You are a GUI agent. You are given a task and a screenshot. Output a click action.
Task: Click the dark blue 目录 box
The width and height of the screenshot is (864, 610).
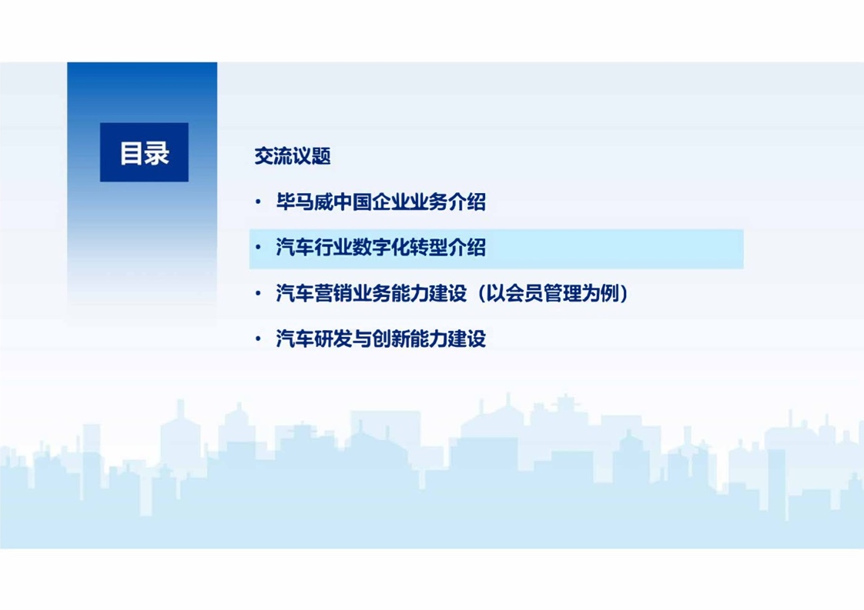(x=144, y=152)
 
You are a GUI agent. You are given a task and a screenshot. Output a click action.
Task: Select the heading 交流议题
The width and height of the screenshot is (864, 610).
(x=293, y=156)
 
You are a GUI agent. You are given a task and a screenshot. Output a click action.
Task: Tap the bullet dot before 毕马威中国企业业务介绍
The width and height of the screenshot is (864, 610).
(x=258, y=202)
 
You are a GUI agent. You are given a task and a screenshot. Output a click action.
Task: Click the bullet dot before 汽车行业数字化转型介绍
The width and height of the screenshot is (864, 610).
(x=258, y=248)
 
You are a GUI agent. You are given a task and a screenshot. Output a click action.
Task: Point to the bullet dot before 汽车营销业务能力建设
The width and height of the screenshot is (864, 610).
(x=258, y=293)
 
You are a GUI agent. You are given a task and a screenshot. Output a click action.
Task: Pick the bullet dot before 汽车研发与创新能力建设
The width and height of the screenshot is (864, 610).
(x=258, y=339)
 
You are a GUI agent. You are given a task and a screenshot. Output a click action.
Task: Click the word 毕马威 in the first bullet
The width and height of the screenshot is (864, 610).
(x=305, y=202)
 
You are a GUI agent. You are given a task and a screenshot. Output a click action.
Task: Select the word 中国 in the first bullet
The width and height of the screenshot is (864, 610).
(x=353, y=202)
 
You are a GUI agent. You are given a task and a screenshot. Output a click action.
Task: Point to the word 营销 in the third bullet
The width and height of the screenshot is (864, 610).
(x=333, y=293)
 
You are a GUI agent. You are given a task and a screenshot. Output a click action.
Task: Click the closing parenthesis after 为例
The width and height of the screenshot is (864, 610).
(x=624, y=293)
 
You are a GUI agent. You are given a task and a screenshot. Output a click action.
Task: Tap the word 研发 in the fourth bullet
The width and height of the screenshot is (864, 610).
(x=333, y=339)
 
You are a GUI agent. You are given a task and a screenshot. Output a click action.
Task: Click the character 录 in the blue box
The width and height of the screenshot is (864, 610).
(x=156, y=152)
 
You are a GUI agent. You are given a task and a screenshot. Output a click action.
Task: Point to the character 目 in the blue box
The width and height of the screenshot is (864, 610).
(x=132, y=152)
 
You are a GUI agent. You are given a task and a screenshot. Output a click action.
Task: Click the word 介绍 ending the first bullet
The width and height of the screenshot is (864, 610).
(x=467, y=202)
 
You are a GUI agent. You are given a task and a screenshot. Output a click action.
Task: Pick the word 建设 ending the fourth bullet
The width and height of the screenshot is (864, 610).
(x=467, y=339)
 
